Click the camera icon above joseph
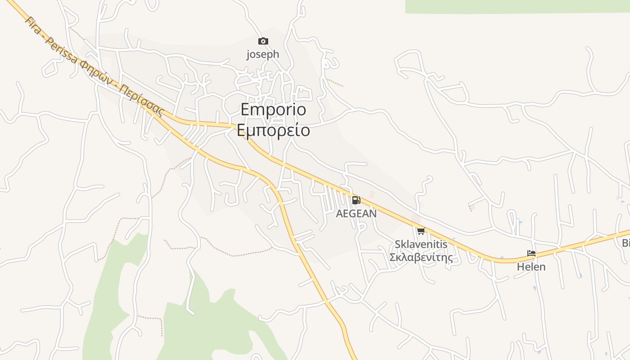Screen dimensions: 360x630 [x=263, y=41]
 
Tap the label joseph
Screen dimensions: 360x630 [x=263, y=54]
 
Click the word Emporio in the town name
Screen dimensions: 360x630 [x=273, y=109]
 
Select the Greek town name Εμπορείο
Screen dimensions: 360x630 [x=273, y=130]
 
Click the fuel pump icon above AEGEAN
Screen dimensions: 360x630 [x=356, y=200]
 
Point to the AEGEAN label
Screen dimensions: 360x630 [x=356, y=214]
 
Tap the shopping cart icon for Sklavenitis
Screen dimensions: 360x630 [x=421, y=231]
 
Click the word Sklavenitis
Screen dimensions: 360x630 [x=421, y=244]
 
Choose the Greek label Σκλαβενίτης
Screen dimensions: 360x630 [x=421, y=257]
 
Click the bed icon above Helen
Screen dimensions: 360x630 [x=531, y=254]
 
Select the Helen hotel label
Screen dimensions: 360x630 [x=531, y=267]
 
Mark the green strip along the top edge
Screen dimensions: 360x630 [x=517, y=6]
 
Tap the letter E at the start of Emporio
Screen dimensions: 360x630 [x=245, y=109]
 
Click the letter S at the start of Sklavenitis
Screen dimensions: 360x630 [x=398, y=244]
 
